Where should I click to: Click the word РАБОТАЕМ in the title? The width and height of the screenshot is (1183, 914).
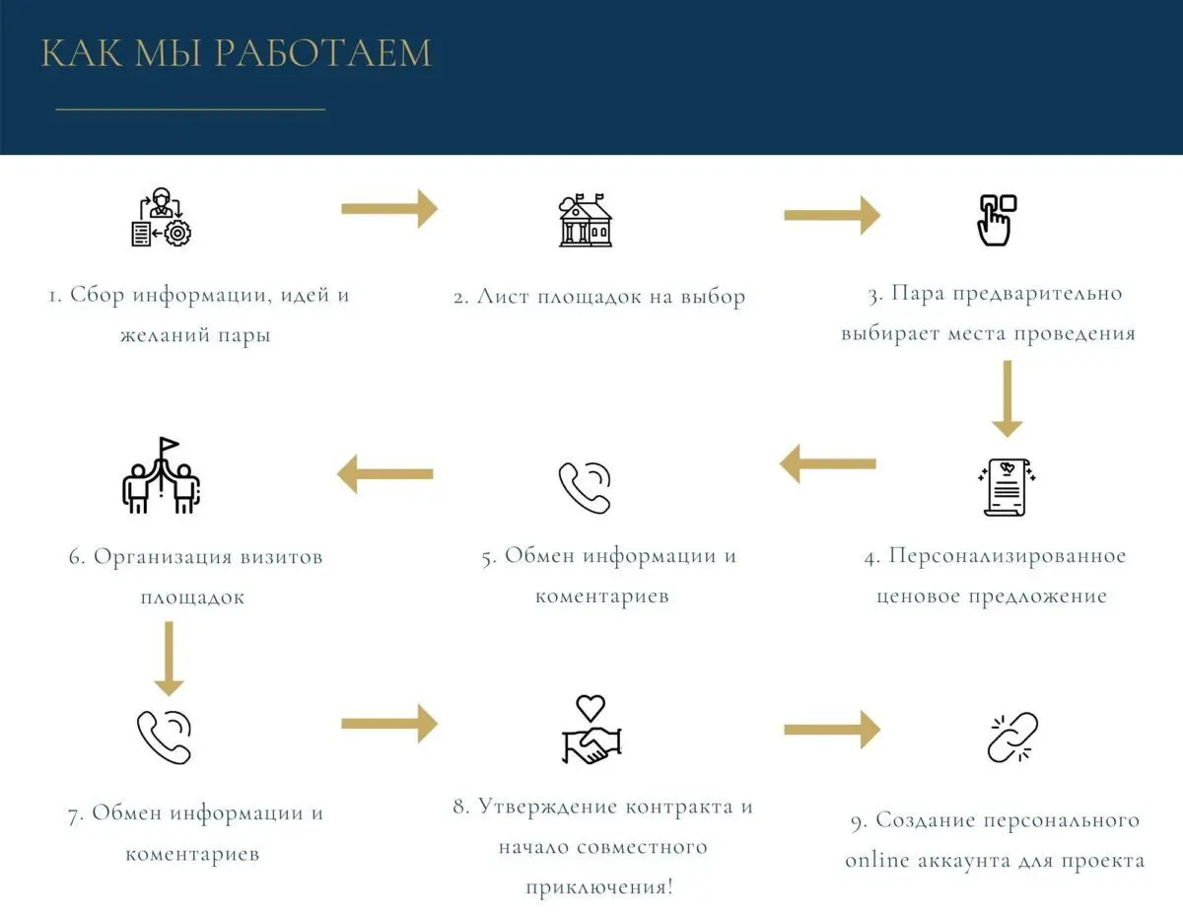tap(322, 53)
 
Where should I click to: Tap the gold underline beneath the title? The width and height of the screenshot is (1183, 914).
tap(190, 109)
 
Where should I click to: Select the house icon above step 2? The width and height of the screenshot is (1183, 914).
tap(586, 220)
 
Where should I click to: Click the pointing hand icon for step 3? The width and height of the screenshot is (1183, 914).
tap(998, 221)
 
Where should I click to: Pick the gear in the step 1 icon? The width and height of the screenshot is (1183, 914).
tap(177, 234)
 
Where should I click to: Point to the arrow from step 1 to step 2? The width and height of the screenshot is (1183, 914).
tap(389, 208)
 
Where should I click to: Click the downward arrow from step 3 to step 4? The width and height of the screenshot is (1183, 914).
tap(1008, 398)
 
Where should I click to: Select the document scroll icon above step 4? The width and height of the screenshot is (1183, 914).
tap(1007, 487)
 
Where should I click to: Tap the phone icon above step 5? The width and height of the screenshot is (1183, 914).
tap(585, 488)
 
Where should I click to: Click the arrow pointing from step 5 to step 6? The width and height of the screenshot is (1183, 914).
tap(385, 474)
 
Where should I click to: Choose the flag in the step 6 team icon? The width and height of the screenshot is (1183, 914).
tap(169, 445)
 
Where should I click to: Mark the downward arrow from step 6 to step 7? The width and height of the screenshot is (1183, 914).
tap(169, 659)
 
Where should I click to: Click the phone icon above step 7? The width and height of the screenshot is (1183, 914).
tap(164, 738)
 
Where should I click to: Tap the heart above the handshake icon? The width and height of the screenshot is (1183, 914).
tap(591, 708)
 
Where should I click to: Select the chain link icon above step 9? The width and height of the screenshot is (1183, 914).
tap(1012, 738)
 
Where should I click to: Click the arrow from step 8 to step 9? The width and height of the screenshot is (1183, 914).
tap(832, 730)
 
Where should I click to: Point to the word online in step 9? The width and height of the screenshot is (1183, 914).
tap(877, 860)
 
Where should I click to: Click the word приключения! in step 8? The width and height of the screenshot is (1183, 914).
tap(599, 887)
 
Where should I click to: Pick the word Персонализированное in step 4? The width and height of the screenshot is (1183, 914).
tap(1008, 556)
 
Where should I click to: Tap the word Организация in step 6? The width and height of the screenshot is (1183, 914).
tap(163, 557)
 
